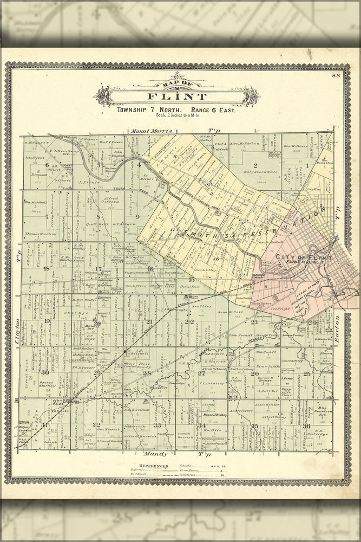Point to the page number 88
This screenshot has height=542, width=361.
pos(337,75)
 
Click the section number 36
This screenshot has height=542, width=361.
pos(306,425)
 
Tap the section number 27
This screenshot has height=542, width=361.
pos(201,373)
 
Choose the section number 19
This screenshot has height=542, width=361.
pos(47,321)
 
